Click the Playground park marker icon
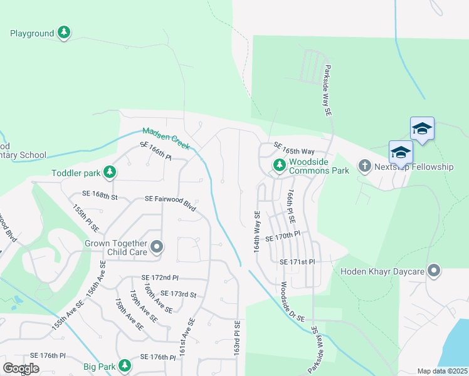pos(63,33)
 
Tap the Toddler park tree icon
pos(110,172)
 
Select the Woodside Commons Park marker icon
pos(279,165)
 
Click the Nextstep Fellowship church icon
pos(365,167)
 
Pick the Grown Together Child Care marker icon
pos(157,248)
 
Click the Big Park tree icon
pos(125,365)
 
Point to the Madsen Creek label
pos(166,138)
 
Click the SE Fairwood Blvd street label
pos(170,199)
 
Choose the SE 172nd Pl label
pos(160,277)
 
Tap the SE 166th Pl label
pos(155,150)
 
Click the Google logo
pos(21,368)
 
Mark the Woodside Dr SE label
pos(292,301)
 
